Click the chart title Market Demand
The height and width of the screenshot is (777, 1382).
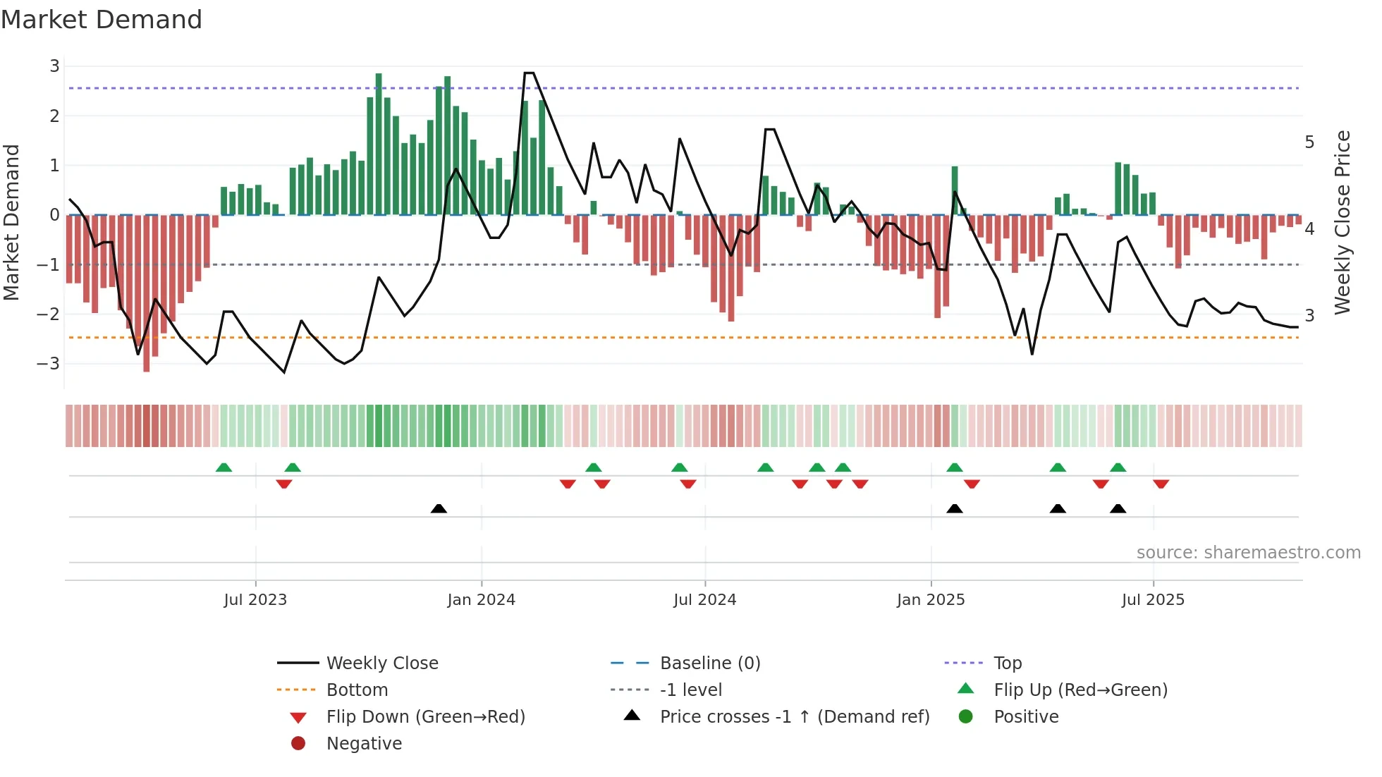102,19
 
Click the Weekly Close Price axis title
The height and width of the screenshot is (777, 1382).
1343,222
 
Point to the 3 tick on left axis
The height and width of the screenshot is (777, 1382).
54,66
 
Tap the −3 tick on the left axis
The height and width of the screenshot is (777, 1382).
49,364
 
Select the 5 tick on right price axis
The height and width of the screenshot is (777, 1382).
1309,142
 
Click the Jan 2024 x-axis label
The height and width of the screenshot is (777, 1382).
481,600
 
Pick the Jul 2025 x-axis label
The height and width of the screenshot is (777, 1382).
1153,600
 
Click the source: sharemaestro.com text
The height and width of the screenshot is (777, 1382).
1248,553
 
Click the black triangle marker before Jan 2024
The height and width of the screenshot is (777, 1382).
439,508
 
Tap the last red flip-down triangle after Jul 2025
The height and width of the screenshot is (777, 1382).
1161,484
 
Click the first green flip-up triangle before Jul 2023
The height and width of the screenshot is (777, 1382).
224,467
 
